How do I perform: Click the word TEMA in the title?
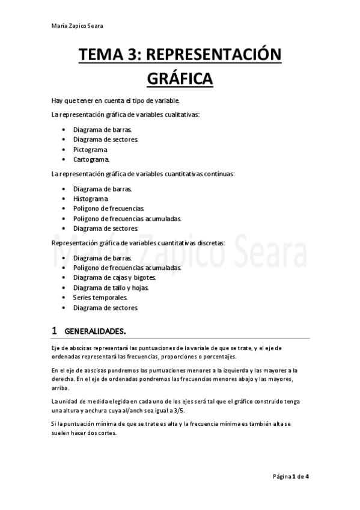point(99,56)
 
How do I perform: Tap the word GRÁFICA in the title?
point(180,79)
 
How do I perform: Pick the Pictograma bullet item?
point(91,149)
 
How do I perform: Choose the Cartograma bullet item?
point(91,159)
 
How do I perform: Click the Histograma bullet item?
point(91,198)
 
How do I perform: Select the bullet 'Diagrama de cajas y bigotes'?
point(114,277)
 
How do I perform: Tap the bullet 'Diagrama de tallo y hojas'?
point(111,287)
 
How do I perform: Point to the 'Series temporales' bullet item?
point(100,297)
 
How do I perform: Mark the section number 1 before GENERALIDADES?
point(55,331)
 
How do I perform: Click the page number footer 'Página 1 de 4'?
point(291,476)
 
